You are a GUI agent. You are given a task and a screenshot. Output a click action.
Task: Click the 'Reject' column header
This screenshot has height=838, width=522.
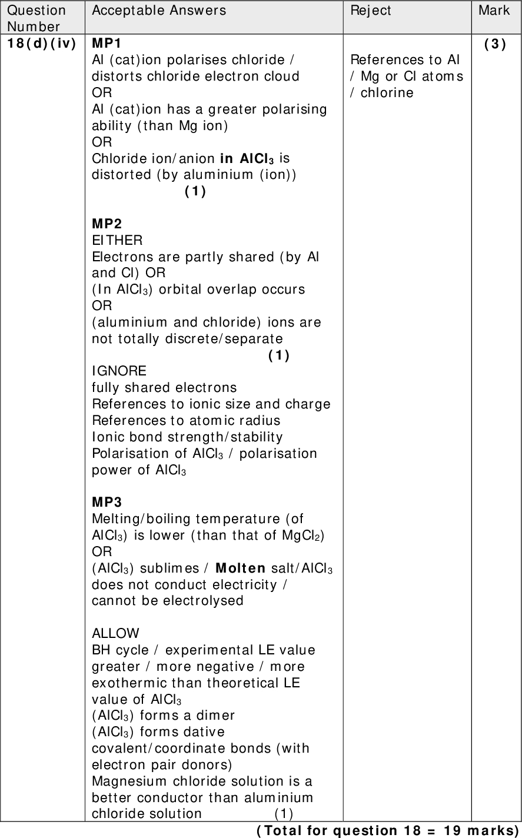click(x=371, y=10)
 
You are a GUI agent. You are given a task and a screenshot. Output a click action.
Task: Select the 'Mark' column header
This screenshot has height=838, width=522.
click(x=494, y=10)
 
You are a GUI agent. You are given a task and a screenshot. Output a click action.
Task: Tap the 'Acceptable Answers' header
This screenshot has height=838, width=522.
click(x=159, y=10)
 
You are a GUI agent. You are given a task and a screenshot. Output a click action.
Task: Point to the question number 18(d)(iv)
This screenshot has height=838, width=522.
click(x=42, y=44)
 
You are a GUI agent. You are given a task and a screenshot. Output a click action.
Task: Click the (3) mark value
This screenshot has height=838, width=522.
click(x=494, y=44)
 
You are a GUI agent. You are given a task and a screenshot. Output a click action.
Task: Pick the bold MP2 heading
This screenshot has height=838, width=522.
click(x=107, y=224)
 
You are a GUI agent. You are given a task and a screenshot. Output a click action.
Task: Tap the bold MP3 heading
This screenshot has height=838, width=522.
click(x=107, y=502)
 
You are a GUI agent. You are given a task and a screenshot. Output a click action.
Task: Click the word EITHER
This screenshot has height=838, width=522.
click(x=117, y=240)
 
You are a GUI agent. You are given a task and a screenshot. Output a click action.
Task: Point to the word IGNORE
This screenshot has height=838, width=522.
click(x=119, y=371)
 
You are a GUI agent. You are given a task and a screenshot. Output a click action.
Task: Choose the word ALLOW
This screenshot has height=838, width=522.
click(x=116, y=634)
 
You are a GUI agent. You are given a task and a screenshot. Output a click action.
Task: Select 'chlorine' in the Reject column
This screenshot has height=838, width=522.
click(x=387, y=93)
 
